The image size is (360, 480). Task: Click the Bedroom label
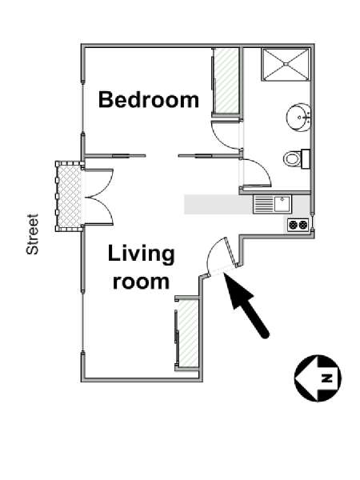pos(149,99)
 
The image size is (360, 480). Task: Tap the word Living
pos(141,254)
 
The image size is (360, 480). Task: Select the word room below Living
pos(141,282)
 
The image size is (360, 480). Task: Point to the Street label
pos(33,234)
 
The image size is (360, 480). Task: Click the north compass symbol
pos(318,378)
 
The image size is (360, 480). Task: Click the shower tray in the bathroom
pos(286,64)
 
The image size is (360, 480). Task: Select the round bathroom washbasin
pos(298,118)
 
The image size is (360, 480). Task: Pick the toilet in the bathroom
pos(296,158)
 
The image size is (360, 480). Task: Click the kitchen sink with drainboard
pos(273,205)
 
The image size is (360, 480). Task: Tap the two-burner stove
pos(298,225)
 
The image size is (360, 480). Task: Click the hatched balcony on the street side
pos(70,196)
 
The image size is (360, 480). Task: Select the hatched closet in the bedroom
pos(226,81)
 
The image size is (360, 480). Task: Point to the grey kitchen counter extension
pos(218,205)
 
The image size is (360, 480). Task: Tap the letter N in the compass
pos(327,378)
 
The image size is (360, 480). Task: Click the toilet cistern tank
pos(306,159)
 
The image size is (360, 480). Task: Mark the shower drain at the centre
pos(286,64)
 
